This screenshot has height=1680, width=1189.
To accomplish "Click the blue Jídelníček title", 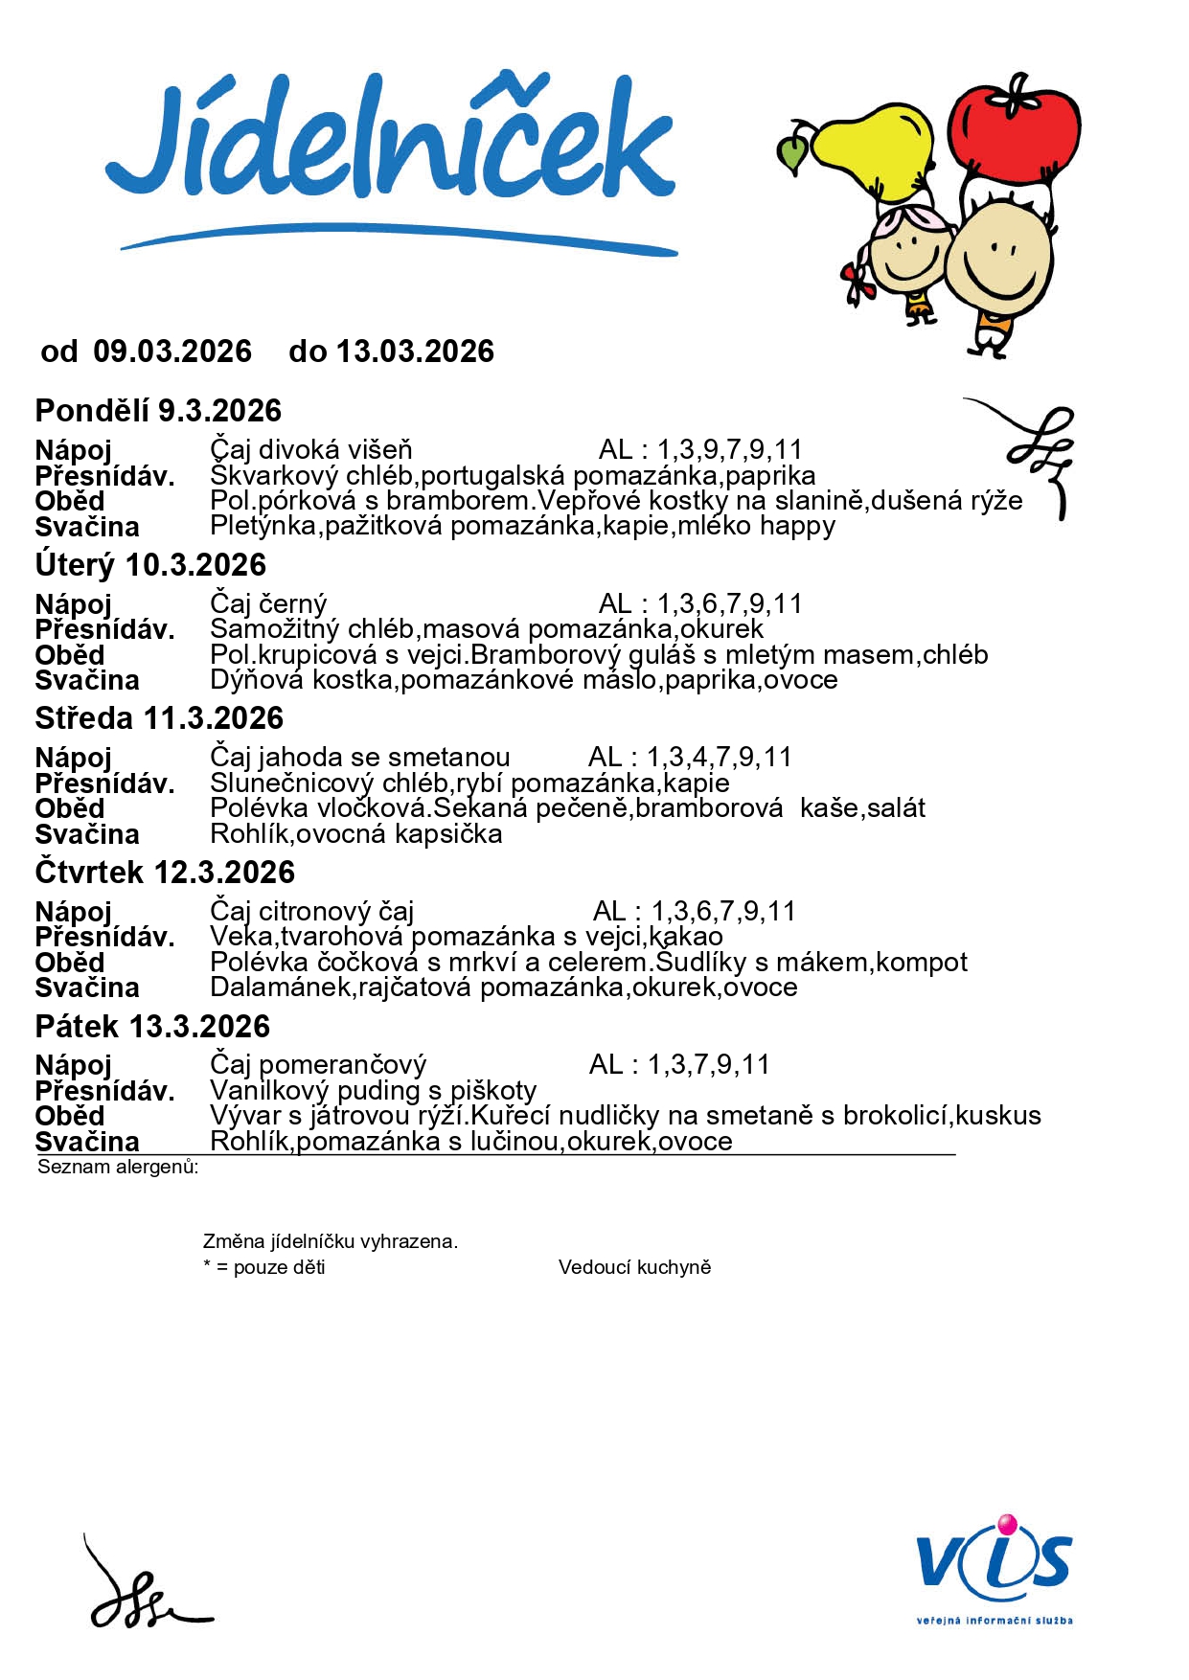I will (x=391, y=144).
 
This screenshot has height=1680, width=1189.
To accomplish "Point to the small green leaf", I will (x=792, y=153).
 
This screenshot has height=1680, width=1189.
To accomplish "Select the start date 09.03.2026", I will (x=172, y=352).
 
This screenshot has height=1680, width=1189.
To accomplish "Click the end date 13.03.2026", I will (x=415, y=352).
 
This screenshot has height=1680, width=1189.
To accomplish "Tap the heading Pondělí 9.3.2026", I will (x=158, y=411).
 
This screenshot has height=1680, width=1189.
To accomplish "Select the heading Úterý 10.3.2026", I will (x=150, y=565).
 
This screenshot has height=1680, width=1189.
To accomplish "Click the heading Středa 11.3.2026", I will (x=159, y=718).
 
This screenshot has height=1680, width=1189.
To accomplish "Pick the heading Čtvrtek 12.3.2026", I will (x=165, y=873).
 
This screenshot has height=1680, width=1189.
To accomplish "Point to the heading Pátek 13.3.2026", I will (x=152, y=1027).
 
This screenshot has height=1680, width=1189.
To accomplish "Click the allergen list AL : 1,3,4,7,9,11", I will (x=690, y=758).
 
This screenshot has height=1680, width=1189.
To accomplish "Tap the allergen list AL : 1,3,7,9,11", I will (x=679, y=1064).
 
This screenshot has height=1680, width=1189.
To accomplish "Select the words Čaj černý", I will (x=268, y=604).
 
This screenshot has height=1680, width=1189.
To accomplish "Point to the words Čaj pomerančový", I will (x=318, y=1065).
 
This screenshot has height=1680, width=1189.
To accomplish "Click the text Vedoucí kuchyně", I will (x=634, y=1267).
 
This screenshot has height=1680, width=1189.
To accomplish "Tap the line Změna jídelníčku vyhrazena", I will (x=331, y=1241).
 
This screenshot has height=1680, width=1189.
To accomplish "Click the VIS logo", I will (x=994, y=1561).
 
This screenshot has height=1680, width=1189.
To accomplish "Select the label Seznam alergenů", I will (x=118, y=1167).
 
